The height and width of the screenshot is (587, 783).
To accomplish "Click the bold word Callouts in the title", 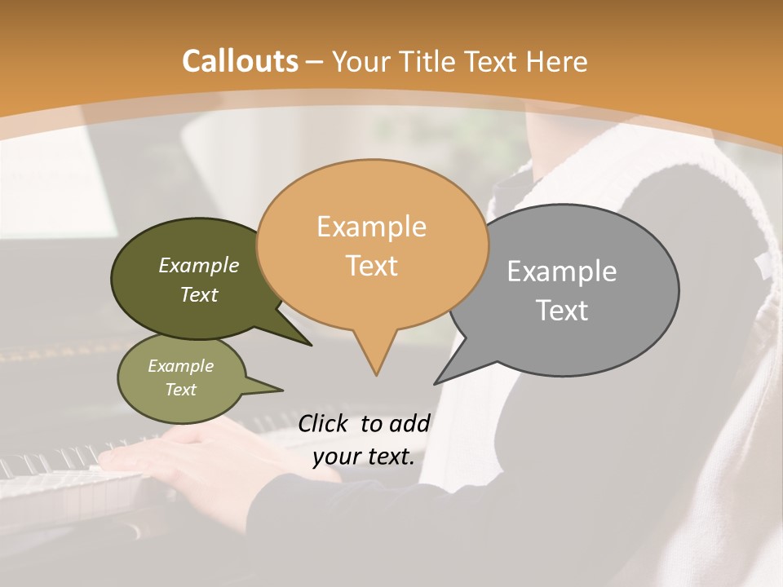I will (x=240, y=62).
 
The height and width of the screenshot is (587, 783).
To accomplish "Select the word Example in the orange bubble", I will (x=371, y=227).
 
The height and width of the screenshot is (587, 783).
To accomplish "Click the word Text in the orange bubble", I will (x=371, y=266).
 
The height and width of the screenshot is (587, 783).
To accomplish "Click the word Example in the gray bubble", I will (x=562, y=271).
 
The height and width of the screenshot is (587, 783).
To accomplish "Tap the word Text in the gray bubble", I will (x=562, y=311).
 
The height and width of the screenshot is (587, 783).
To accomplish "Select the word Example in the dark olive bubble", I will (x=199, y=265).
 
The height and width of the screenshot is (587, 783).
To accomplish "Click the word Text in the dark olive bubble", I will (x=199, y=294).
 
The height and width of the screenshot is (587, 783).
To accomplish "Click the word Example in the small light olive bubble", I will (x=180, y=366).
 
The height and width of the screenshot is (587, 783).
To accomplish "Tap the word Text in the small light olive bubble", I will (x=180, y=390).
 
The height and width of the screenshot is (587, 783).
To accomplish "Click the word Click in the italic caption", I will (x=322, y=423).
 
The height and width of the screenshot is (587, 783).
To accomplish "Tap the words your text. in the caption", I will (x=363, y=457).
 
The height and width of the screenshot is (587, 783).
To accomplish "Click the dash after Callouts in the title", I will (x=316, y=63).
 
